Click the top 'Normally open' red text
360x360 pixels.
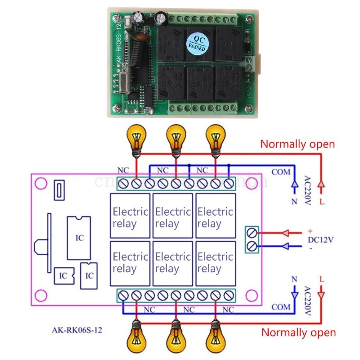click(298, 144)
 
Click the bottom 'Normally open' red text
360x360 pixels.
click(298, 333)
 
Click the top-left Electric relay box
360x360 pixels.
click(130, 216)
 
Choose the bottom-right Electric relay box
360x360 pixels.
click(215, 263)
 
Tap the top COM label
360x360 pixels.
click(281, 172)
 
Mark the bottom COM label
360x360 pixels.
click(281, 307)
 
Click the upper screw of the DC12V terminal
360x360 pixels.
click(252, 233)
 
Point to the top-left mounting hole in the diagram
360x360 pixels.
click(41, 184)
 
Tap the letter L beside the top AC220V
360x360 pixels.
click(321, 202)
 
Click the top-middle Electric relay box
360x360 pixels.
click(173, 216)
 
